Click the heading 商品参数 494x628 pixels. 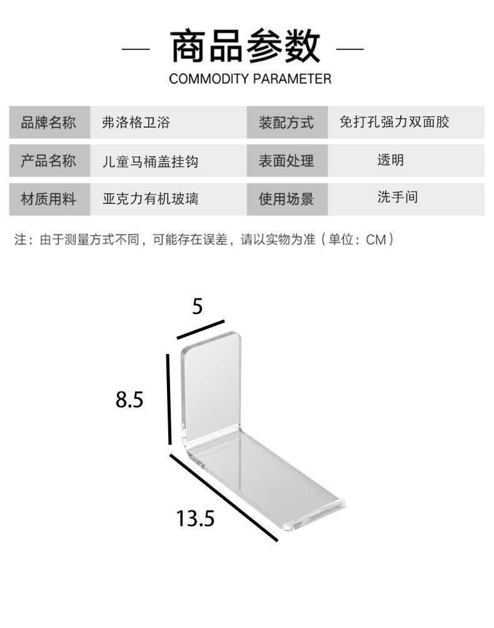[246, 46]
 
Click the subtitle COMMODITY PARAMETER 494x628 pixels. [250, 79]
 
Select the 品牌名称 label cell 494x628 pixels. [49, 122]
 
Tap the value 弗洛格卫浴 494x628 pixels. [136, 123]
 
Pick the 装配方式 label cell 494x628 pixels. [286, 122]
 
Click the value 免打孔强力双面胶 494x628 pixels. [394, 122]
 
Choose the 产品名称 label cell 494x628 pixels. [49, 161]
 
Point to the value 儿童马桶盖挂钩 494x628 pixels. [150, 161]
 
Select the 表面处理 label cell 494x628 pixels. [286, 161]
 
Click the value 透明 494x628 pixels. [390, 160]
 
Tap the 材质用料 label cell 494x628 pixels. [49, 199]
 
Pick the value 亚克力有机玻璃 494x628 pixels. [150, 200]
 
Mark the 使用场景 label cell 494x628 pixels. [286, 199]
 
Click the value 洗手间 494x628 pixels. [397, 198]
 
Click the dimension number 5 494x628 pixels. [198, 306]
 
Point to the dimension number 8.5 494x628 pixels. [129, 399]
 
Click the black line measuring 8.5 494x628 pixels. [169, 399]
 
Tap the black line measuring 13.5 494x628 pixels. [223, 497]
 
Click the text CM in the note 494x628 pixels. [376, 240]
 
